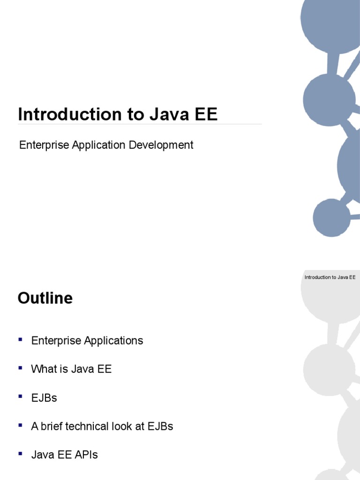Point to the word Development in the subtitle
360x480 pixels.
click(x=161, y=145)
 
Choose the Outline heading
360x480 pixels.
click(x=45, y=298)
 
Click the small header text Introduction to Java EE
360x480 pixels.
click(x=330, y=277)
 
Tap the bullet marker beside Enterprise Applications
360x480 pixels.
click(x=21, y=339)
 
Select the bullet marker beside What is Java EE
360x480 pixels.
click(x=21, y=368)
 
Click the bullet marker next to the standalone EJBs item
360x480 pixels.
click(x=21, y=397)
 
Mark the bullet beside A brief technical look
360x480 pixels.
click(x=21, y=425)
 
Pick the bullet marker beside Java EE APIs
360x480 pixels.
click(x=21, y=454)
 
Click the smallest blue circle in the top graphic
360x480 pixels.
click(x=331, y=217)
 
